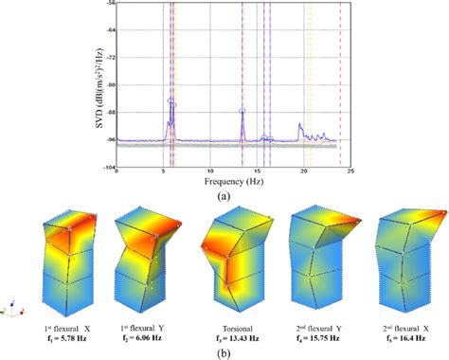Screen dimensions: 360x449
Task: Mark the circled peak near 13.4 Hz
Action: pos(242,111)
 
